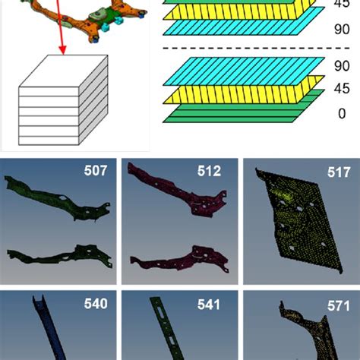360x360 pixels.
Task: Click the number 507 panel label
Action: (96, 171)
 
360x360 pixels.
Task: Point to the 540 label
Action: (96, 304)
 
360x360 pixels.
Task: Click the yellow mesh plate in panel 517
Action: (296, 228)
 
